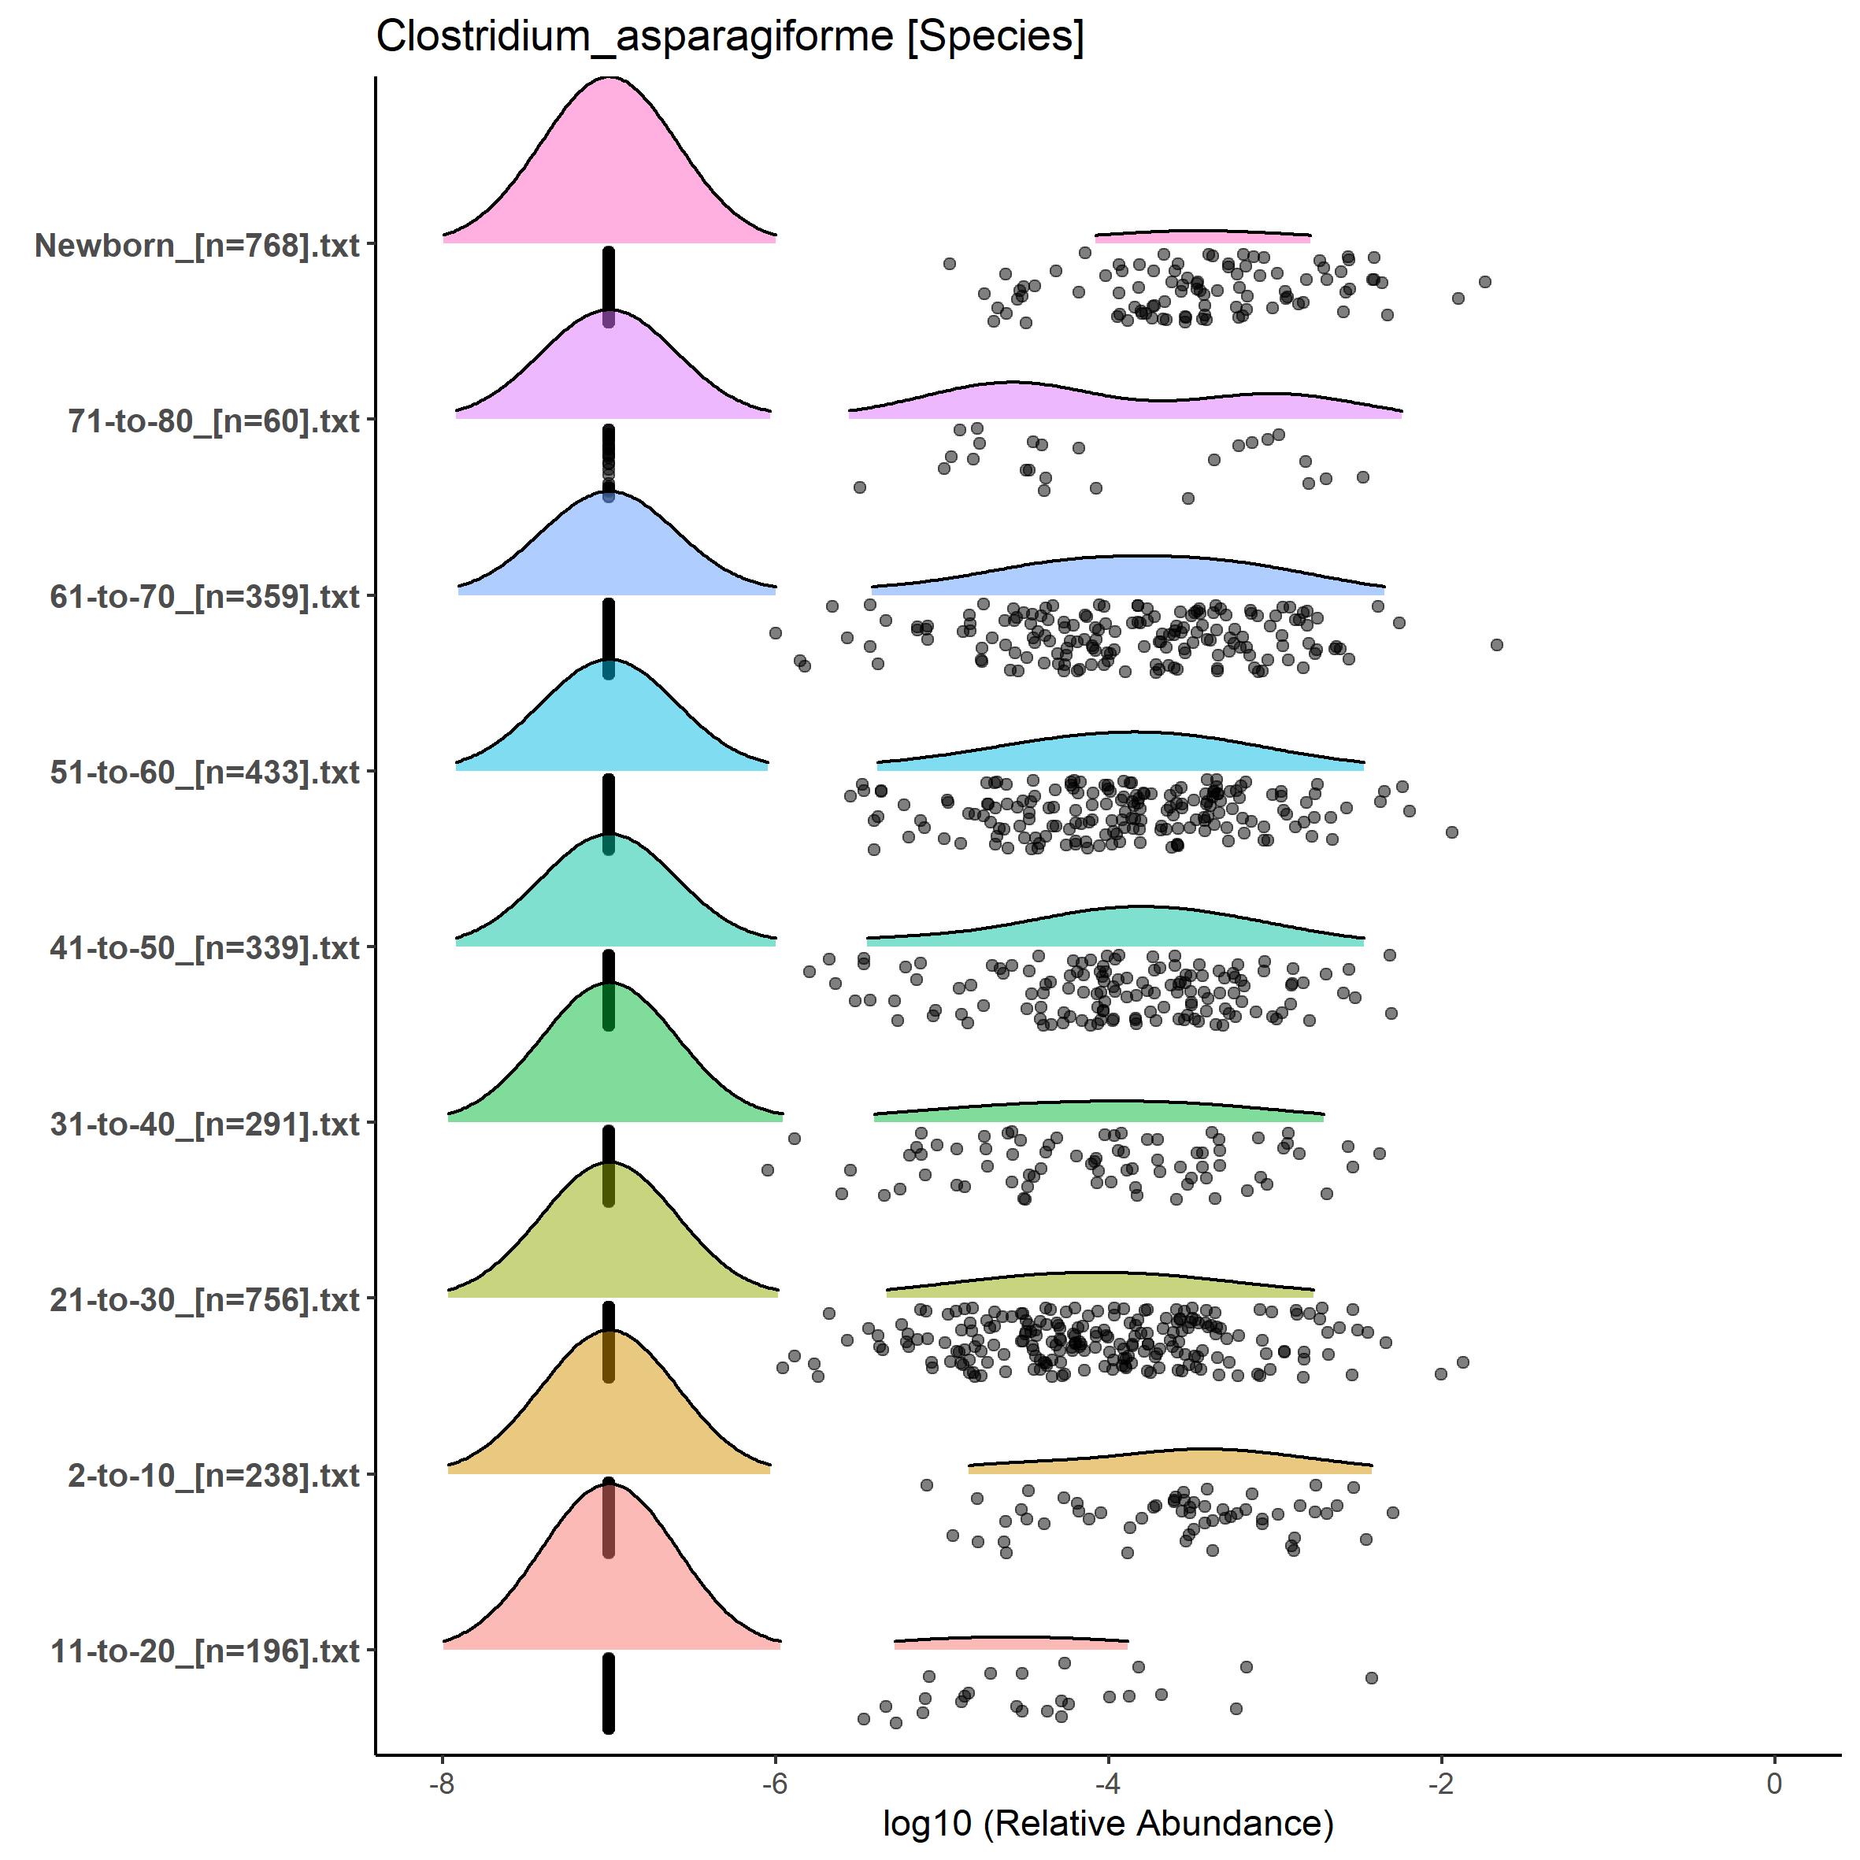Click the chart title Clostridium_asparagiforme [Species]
click(x=730, y=38)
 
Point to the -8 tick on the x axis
click(x=442, y=1783)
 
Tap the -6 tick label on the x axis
click(x=775, y=1783)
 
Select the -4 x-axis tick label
click(x=1108, y=1783)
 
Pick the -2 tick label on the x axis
click(x=1441, y=1783)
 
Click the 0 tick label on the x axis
click(x=1774, y=1783)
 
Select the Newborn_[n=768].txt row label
click(x=198, y=246)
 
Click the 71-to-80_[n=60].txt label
click(x=213, y=421)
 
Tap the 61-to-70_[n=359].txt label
click(x=205, y=597)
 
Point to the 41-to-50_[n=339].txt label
click(x=205, y=948)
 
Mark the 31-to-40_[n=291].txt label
click(x=205, y=1124)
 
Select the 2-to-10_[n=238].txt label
click(x=213, y=1475)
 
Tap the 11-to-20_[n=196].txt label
click(x=205, y=1651)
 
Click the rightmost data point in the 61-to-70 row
click(x=1496, y=645)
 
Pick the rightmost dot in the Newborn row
click(x=1484, y=282)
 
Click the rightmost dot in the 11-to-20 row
click(x=1372, y=1678)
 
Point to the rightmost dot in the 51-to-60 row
click(x=1452, y=832)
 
